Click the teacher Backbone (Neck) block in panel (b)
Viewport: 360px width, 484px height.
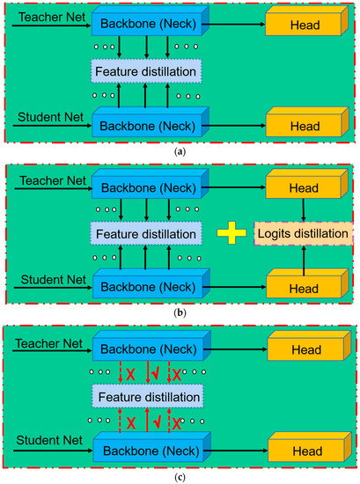pos(148,188)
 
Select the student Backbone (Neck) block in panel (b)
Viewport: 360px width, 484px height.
pos(148,286)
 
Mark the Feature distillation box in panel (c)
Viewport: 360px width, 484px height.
pos(147,397)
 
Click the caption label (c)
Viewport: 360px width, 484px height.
pos(180,478)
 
